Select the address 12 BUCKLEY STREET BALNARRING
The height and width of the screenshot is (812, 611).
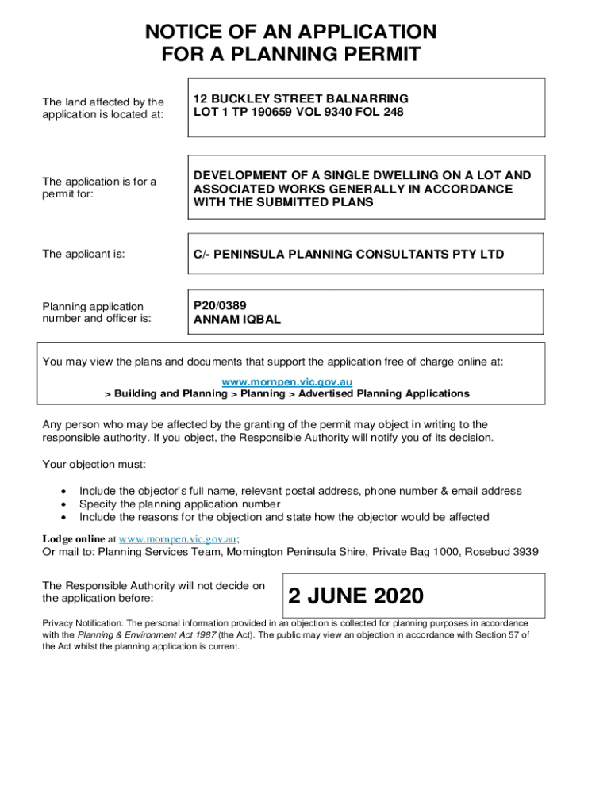301,98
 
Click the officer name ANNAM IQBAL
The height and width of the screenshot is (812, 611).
237,320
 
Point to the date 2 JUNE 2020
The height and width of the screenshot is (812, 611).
355,596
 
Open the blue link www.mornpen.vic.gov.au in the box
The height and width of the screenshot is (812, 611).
286,382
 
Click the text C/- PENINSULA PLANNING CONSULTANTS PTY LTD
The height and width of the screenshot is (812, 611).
348,255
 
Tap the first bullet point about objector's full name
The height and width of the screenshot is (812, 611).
300,491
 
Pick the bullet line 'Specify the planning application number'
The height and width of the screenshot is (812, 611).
179,504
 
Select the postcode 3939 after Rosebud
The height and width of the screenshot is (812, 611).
525,551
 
